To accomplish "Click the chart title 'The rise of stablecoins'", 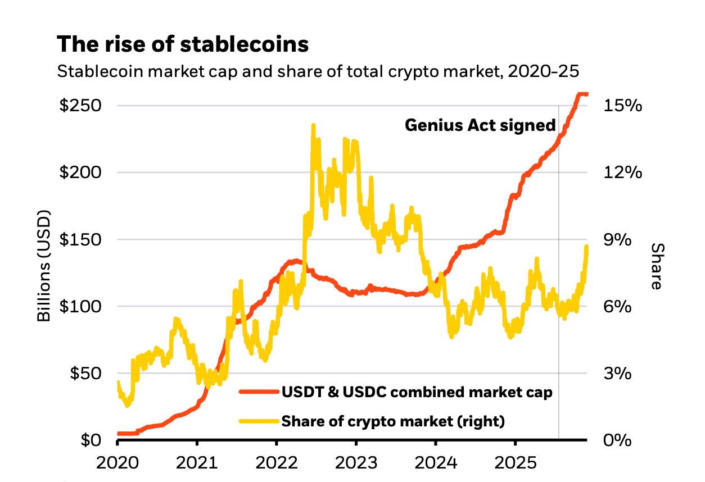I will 183,44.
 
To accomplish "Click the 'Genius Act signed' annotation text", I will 480,125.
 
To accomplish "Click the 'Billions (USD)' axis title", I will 44,266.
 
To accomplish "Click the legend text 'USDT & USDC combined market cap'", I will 417,392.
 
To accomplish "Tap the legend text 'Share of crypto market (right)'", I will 393,421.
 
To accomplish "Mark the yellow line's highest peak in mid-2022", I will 313,125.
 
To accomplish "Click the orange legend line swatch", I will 259,392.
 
